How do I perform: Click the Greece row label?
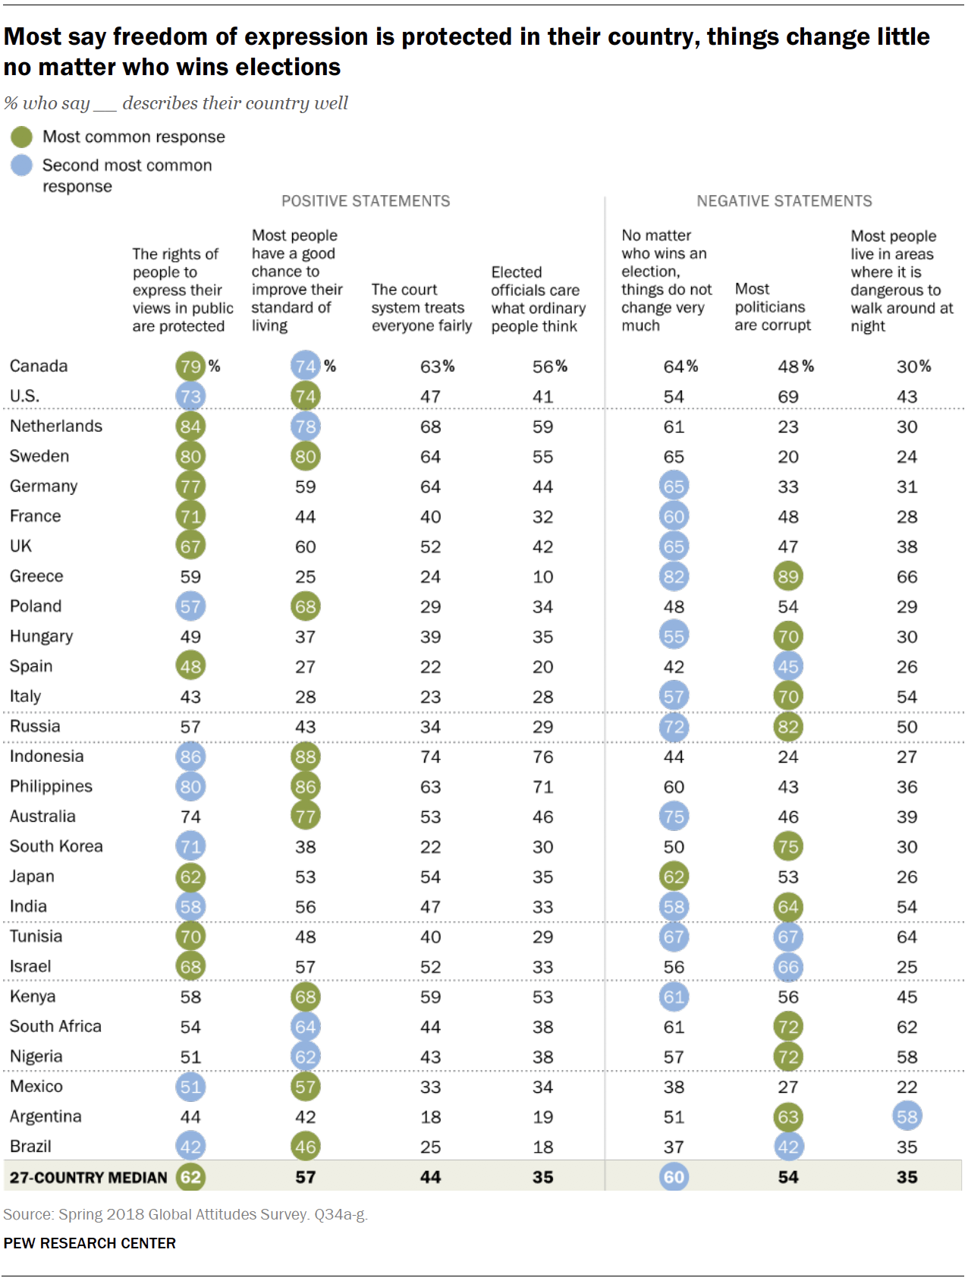tap(36, 576)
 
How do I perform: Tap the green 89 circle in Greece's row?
tap(787, 577)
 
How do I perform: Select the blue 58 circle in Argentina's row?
tap(907, 1116)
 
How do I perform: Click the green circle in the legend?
tap(22, 137)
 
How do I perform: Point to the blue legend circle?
tap(22, 165)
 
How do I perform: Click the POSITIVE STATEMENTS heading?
tap(366, 201)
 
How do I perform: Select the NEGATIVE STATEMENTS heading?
tap(784, 201)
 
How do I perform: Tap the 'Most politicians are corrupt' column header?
tap(772, 307)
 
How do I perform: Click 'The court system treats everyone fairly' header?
tap(421, 308)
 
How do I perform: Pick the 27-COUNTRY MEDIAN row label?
tap(88, 1178)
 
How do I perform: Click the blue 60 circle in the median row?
tap(674, 1177)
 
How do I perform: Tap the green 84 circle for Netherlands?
tap(190, 426)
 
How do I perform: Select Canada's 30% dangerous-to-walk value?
tap(913, 367)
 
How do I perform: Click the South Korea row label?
tap(56, 846)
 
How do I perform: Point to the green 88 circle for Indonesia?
tap(305, 757)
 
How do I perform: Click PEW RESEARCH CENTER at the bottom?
tap(90, 1243)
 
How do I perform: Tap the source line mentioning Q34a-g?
tap(185, 1214)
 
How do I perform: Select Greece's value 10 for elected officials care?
tap(542, 577)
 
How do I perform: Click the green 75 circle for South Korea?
tap(787, 847)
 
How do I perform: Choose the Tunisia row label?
tap(36, 936)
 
